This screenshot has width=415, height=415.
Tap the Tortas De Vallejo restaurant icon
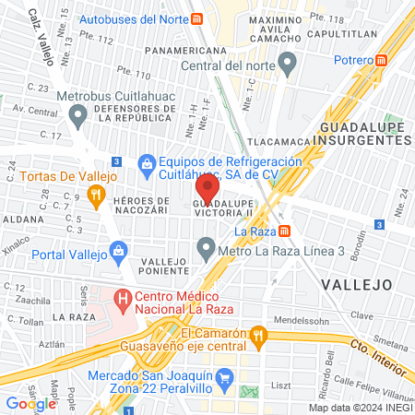coord(95,194)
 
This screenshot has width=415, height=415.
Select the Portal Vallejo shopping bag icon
coord(118,250)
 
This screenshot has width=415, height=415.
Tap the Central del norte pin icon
coord(288,65)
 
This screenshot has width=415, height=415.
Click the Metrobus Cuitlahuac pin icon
coord(77,116)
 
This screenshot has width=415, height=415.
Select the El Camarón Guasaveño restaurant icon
coord(260,334)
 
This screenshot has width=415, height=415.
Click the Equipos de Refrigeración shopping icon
coord(146,163)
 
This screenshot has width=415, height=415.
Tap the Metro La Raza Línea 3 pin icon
coord(206,249)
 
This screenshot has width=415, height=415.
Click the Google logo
coord(30,403)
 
